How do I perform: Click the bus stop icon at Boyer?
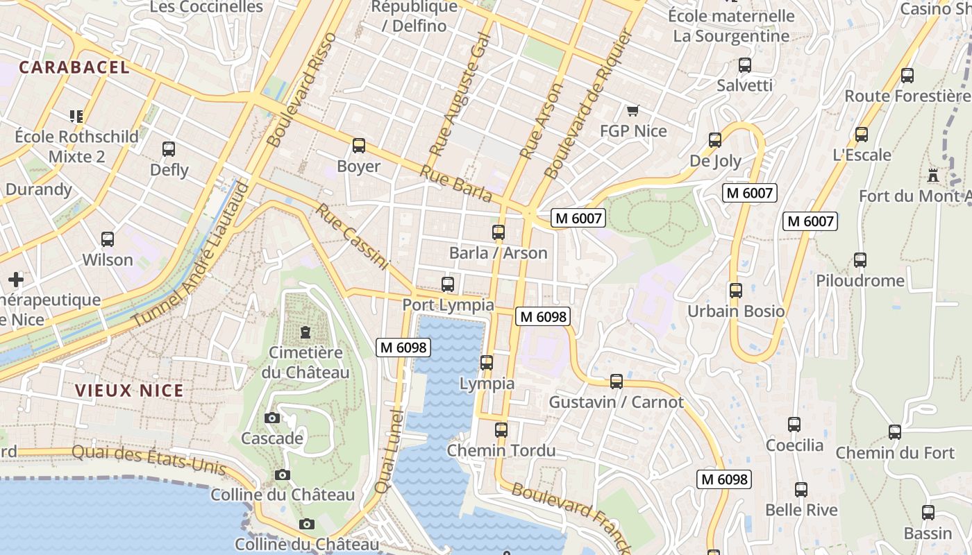(x=359, y=146)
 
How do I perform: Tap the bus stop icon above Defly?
(x=169, y=149)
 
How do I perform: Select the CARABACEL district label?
(x=74, y=67)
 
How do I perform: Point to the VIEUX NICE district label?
(x=129, y=391)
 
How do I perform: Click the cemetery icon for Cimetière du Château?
(x=305, y=332)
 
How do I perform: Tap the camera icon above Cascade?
(x=272, y=418)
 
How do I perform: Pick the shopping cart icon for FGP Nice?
(x=632, y=110)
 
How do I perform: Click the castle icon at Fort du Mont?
(x=933, y=176)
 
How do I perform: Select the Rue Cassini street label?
(x=352, y=236)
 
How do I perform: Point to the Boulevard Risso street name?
(x=301, y=89)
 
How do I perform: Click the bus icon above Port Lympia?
(x=448, y=284)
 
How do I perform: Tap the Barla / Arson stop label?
(x=498, y=253)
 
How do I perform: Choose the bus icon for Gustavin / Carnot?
(x=616, y=382)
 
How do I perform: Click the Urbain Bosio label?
(x=736, y=311)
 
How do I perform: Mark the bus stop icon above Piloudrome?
(x=860, y=260)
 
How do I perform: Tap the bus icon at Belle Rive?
(x=801, y=490)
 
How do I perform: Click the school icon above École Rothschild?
(x=76, y=116)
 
